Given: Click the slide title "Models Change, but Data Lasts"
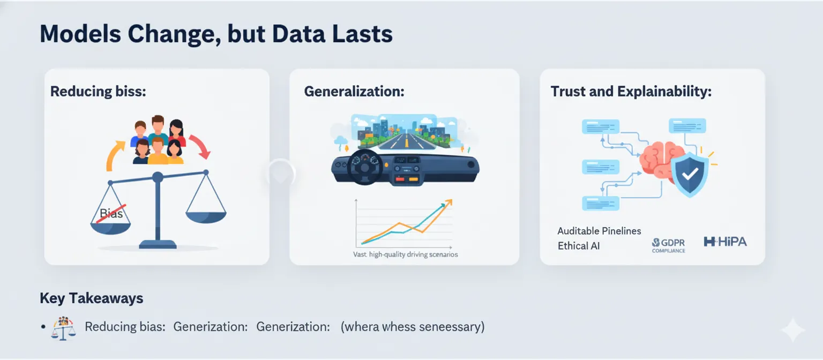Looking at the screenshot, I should click(216, 34).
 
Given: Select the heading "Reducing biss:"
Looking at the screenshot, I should click(98, 91).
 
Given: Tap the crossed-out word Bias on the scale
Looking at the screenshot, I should click(111, 213).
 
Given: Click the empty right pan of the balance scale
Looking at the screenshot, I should click(206, 216).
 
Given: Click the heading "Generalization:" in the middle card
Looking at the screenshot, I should click(354, 91).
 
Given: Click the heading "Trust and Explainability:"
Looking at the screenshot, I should click(631, 91).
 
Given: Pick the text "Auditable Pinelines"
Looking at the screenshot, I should click(599, 231).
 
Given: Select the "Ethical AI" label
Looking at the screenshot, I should click(579, 246).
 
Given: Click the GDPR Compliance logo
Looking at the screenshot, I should click(668, 245).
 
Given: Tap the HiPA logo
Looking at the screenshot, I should click(725, 242).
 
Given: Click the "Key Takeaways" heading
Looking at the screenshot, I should click(92, 298).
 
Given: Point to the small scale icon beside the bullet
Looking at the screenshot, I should click(63, 328).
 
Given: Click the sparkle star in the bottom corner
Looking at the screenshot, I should click(792, 331).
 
